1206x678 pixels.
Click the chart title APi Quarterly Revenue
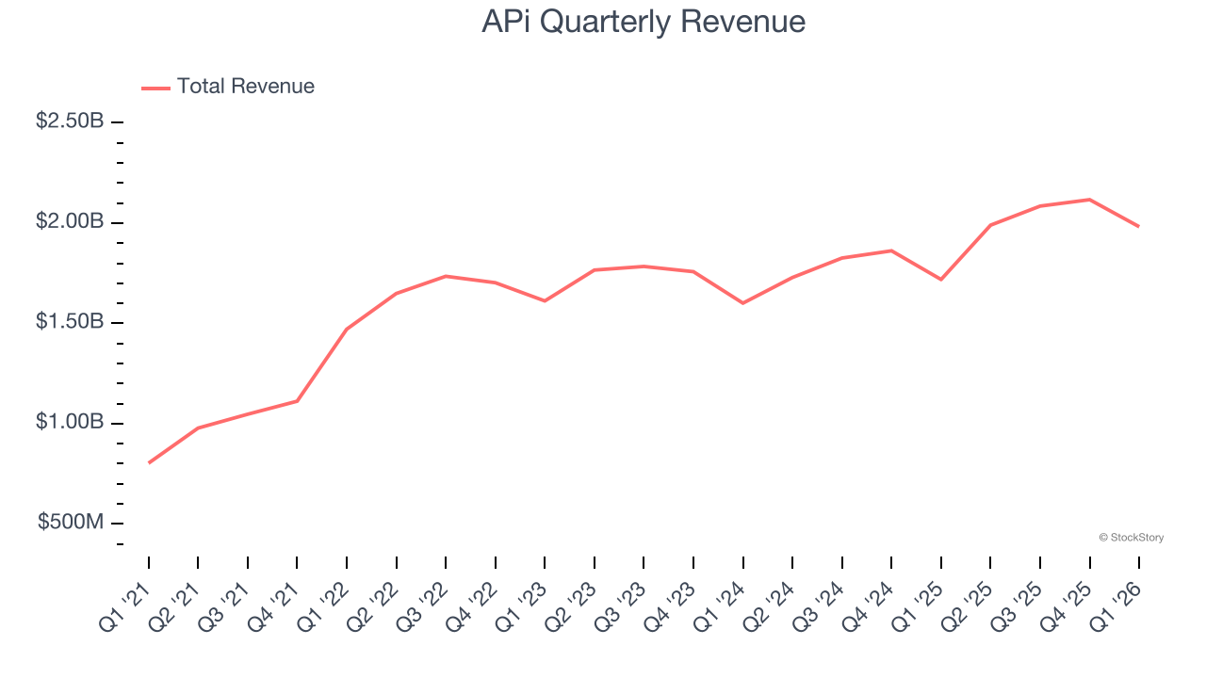(x=644, y=22)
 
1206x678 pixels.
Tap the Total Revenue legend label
(x=245, y=87)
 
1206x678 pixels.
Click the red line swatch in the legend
(x=155, y=88)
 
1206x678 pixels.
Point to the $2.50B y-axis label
(x=70, y=121)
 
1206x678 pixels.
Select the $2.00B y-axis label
(x=70, y=222)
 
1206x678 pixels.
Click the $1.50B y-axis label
(x=70, y=322)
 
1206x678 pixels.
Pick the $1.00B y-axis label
(x=70, y=422)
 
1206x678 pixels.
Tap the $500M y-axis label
(x=71, y=523)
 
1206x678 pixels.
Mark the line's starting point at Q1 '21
(x=149, y=462)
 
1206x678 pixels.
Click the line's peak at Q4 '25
(x=1089, y=200)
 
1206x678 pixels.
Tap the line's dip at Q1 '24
(x=742, y=303)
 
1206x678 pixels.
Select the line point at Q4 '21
(x=297, y=401)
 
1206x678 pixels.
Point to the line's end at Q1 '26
(x=1138, y=226)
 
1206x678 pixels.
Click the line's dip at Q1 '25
(x=940, y=280)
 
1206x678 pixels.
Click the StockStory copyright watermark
(x=1131, y=538)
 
